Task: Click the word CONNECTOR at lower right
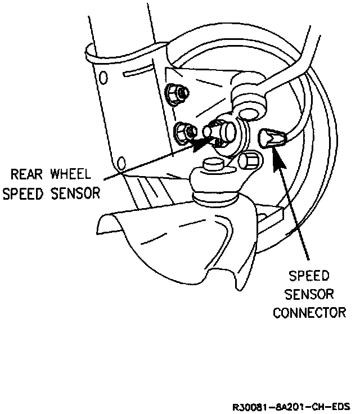pyautogui.click(x=309, y=312)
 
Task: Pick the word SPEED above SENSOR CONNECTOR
pyautogui.click(x=309, y=276)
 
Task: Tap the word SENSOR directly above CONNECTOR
pyautogui.click(x=309, y=294)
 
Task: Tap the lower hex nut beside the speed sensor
pyautogui.click(x=183, y=133)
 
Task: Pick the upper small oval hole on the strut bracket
pyautogui.click(x=102, y=77)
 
